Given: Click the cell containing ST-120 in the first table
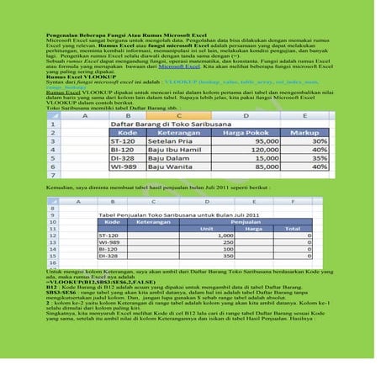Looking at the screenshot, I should (123, 142).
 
